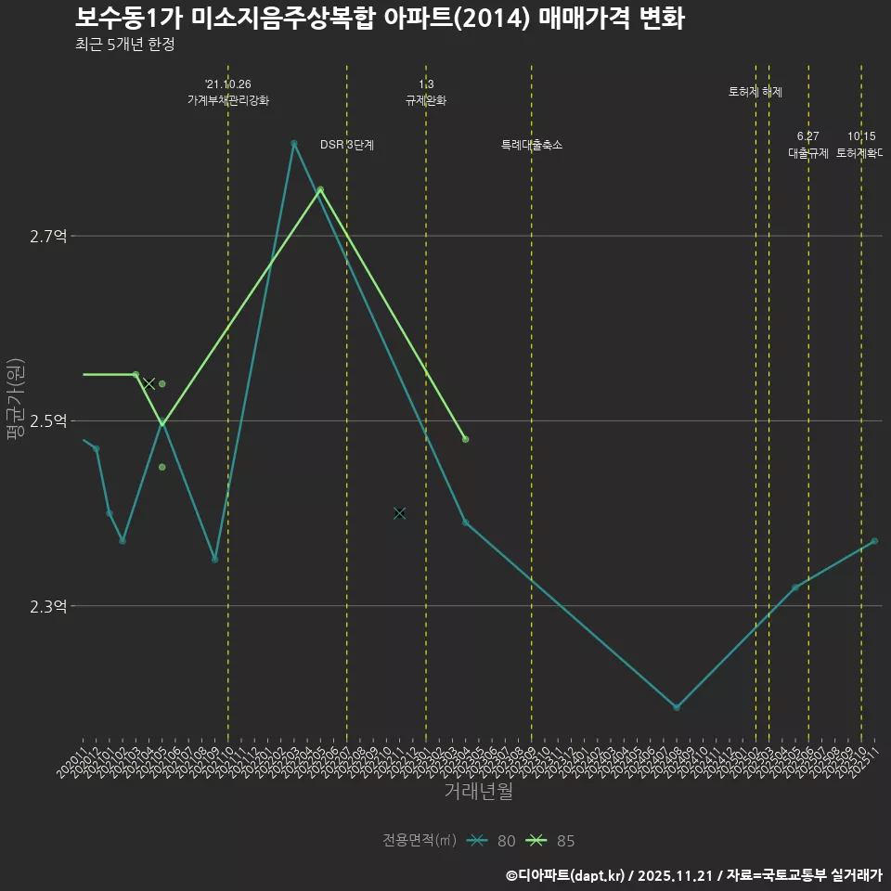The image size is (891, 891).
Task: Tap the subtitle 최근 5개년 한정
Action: click(x=124, y=45)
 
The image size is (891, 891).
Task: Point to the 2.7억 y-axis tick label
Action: click(x=48, y=237)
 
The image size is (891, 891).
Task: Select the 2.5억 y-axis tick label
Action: click(x=48, y=421)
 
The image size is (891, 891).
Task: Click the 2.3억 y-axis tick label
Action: click(x=48, y=607)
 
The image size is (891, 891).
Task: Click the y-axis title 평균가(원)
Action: click(x=16, y=399)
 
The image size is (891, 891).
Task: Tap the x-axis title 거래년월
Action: click(x=478, y=792)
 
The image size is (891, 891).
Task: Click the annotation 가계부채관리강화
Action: click(x=228, y=100)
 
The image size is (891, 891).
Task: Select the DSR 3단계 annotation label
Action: click(x=347, y=145)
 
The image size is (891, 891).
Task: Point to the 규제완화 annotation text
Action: click(x=426, y=100)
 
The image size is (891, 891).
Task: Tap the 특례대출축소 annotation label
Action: click(x=532, y=145)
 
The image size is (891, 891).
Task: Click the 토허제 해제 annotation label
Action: click(x=755, y=92)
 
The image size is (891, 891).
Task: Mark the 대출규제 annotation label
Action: click(x=808, y=153)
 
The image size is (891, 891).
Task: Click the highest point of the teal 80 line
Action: click(x=294, y=144)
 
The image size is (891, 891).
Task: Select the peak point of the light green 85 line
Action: click(x=320, y=189)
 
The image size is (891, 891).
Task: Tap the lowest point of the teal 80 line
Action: click(x=677, y=707)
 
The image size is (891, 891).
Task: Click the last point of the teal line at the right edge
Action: click(x=874, y=541)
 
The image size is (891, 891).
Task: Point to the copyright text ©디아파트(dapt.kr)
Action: click(x=566, y=874)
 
